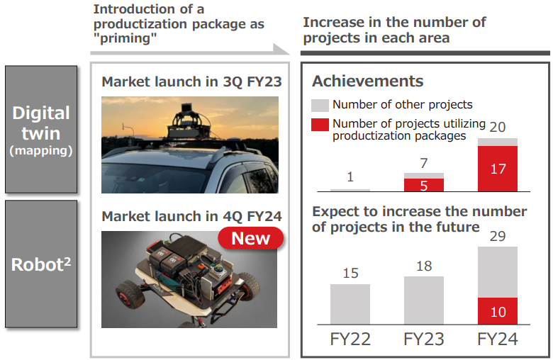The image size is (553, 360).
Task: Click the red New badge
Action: (251, 238)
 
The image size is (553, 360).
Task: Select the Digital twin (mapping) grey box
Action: (41, 130)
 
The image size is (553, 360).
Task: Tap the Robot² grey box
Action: (41, 264)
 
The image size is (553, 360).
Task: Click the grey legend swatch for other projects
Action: (320, 105)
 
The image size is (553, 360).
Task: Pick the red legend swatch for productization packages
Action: (320, 125)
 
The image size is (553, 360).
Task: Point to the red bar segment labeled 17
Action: (498, 169)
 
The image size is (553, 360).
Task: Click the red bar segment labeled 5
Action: (424, 185)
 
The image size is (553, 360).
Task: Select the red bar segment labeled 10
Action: (498, 311)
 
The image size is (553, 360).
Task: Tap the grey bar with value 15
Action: (350, 304)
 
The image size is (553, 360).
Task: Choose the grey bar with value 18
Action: (424, 300)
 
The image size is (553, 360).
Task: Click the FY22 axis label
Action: (350, 339)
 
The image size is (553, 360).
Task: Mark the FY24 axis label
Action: (498, 339)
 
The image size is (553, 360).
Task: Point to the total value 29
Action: (498, 236)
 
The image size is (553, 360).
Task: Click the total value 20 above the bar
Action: (498, 127)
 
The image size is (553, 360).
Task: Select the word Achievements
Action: (367, 81)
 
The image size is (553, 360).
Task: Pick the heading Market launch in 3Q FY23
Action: (191, 81)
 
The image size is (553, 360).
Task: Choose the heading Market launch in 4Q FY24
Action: (191, 216)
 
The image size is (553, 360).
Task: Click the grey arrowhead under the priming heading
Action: (281, 50)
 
